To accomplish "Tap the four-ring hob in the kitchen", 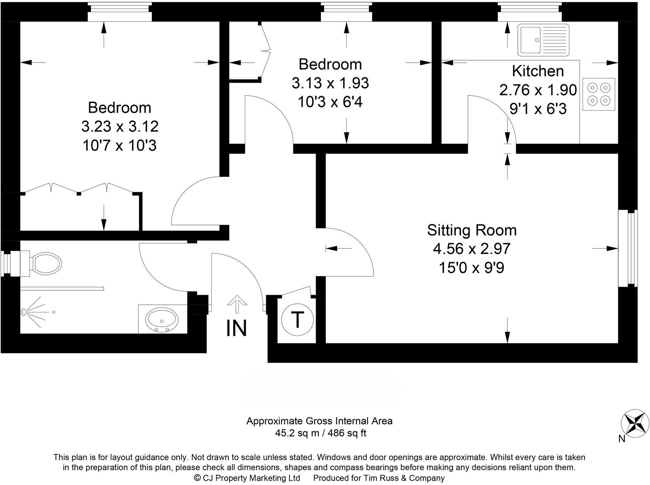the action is point(599,94).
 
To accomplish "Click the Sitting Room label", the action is point(472,230).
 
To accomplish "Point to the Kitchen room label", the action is point(538,71).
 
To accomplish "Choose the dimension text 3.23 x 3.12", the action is point(120,126).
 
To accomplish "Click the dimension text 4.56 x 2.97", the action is point(472,249).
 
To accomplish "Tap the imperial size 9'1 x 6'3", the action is point(538,109).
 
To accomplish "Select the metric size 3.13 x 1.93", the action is point(330,83).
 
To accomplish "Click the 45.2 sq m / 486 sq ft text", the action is point(320,433).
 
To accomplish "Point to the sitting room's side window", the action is point(628,248).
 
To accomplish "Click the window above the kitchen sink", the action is point(530,12).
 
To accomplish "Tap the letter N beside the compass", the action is point(622,439).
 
